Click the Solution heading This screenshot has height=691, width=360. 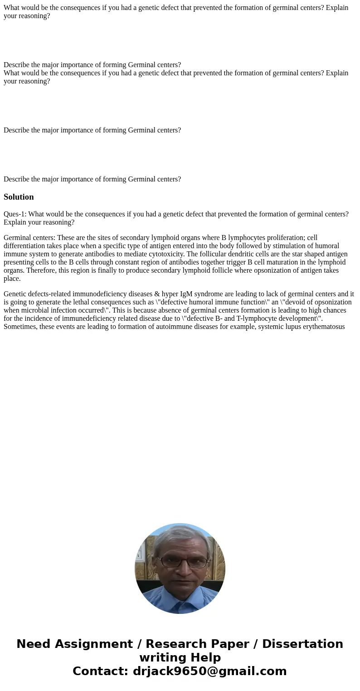[x=19, y=197]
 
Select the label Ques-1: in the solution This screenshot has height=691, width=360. [x=15, y=214]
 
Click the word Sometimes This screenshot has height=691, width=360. [x=20, y=327]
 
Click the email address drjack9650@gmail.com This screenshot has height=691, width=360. [x=209, y=671]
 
